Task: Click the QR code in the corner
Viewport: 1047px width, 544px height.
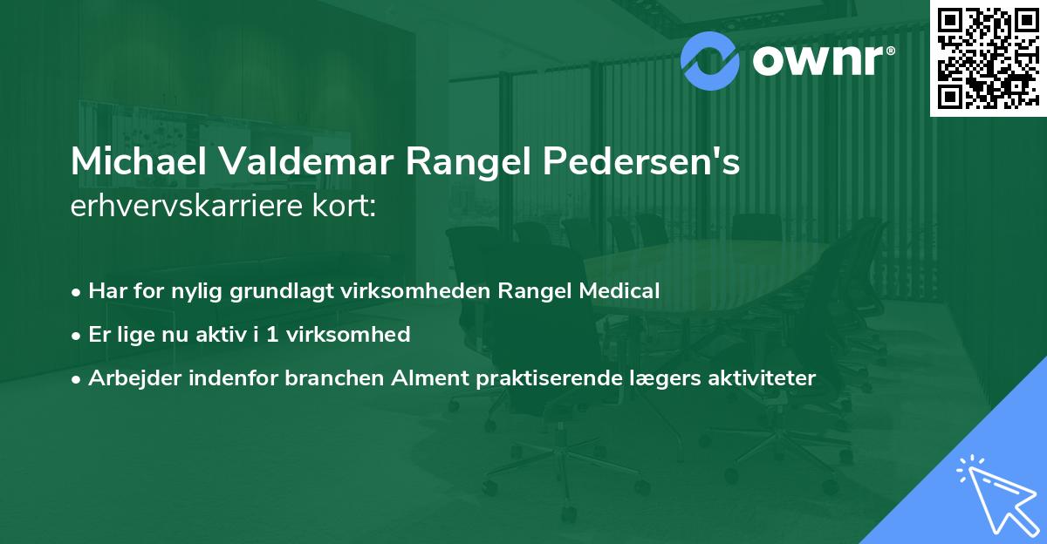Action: coord(988,58)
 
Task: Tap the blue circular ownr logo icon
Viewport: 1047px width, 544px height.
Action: coord(710,59)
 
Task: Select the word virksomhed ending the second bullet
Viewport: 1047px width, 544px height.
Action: coord(362,334)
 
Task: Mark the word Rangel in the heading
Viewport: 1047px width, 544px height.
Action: coord(477,163)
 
